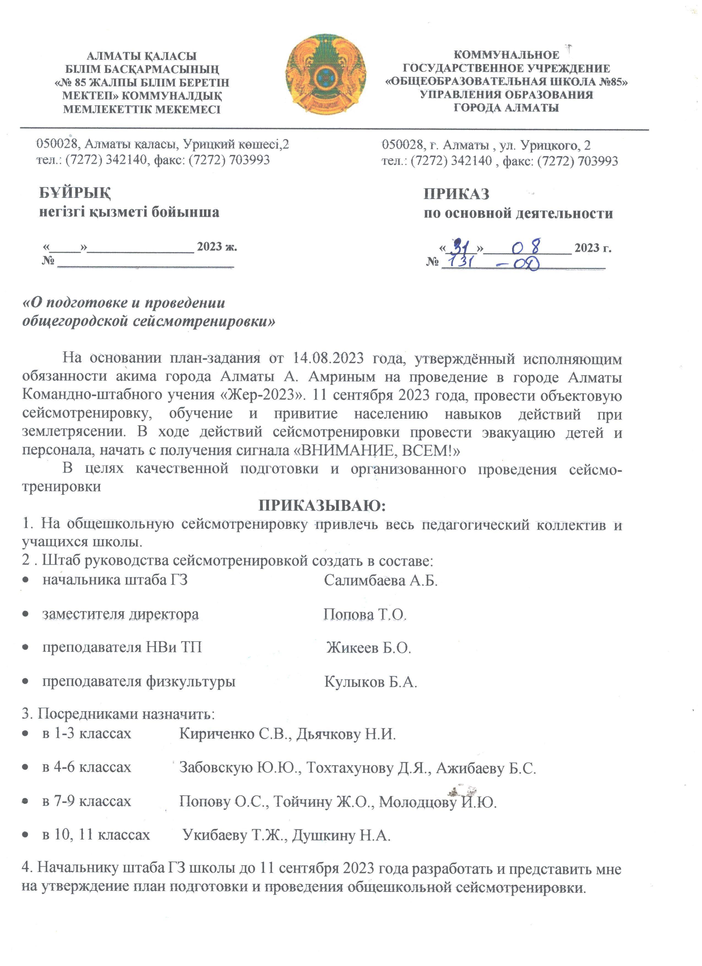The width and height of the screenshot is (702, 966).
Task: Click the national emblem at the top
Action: pyautogui.click(x=326, y=75)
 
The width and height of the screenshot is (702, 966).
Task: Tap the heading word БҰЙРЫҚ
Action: pyautogui.click(x=75, y=193)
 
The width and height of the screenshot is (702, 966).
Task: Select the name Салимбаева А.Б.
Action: pyautogui.click(x=380, y=580)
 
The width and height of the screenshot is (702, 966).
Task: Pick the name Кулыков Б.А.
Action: pyautogui.click(x=370, y=682)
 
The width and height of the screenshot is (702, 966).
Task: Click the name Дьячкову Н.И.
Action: pyautogui.click(x=346, y=734)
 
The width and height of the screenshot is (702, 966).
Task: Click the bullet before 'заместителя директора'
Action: pyautogui.click(x=26, y=614)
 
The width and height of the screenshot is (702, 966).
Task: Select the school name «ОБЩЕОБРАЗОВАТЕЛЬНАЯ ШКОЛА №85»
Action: pyautogui.click(x=506, y=81)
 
